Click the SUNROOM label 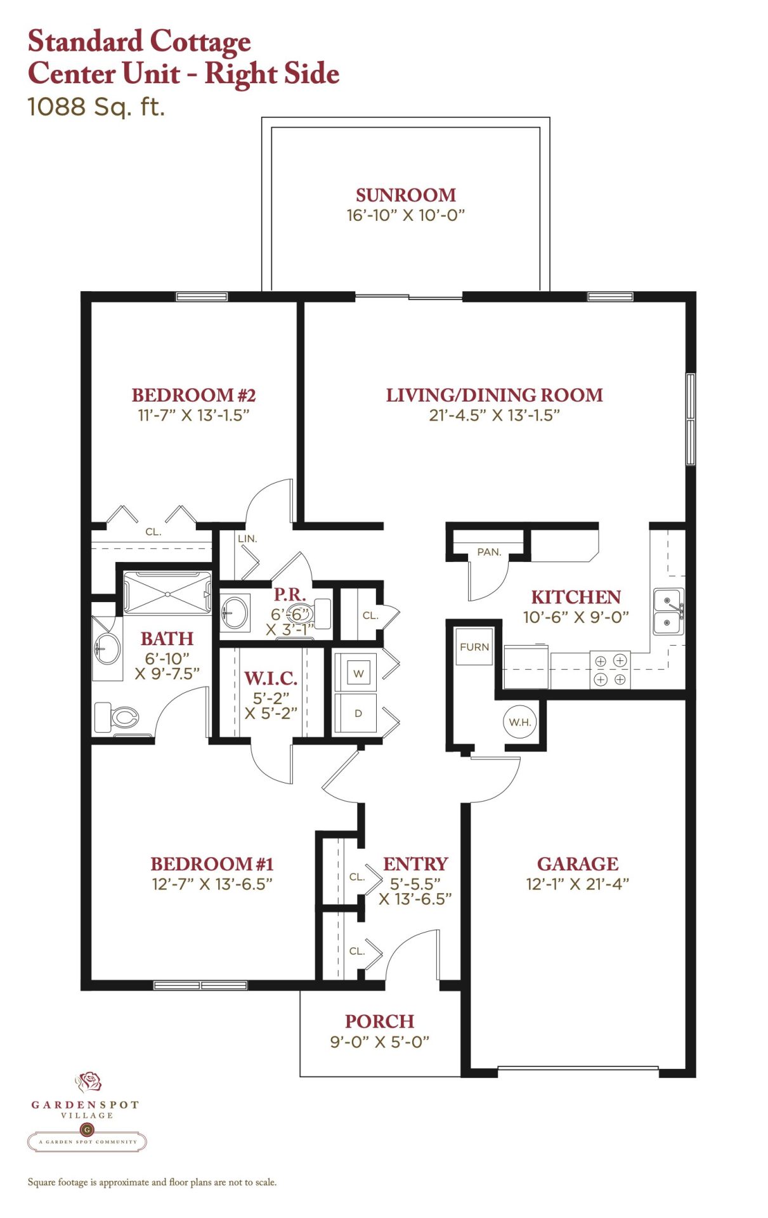pyautogui.click(x=405, y=195)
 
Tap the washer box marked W pyautogui.click(x=358, y=673)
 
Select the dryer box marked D pyautogui.click(x=358, y=713)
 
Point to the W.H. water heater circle pyautogui.click(x=520, y=722)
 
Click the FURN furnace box pyautogui.click(x=474, y=646)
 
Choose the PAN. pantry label pyautogui.click(x=489, y=552)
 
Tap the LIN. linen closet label pyautogui.click(x=247, y=539)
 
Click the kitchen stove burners pyautogui.click(x=610, y=670)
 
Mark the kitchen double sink pyautogui.click(x=668, y=611)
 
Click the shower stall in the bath pyautogui.click(x=167, y=593)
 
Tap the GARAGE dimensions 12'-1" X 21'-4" pyautogui.click(x=577, y=884)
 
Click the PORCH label pyautogui.click(x=379, y=1021)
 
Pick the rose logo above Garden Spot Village pyautogui.click(x=88, y=1081)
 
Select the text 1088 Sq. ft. pyautogui.click(x=96, y=106)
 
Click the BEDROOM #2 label pyautogui.click(x=193, y=395)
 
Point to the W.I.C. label pyautogui.click(x=271, y=678)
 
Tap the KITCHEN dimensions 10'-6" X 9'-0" pyautogui.click(x=576, y=617)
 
